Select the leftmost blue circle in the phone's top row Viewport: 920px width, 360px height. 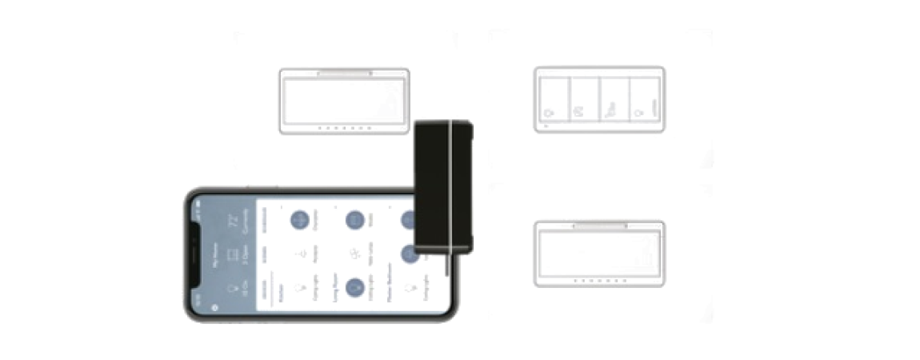click(300, 219)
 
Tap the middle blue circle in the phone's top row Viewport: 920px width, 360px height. click(354, 219)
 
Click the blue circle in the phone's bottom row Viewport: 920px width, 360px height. click(355, 286)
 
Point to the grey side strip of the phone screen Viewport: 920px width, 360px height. click(224, 254)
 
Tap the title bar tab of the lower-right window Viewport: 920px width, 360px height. click(600, 227)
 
